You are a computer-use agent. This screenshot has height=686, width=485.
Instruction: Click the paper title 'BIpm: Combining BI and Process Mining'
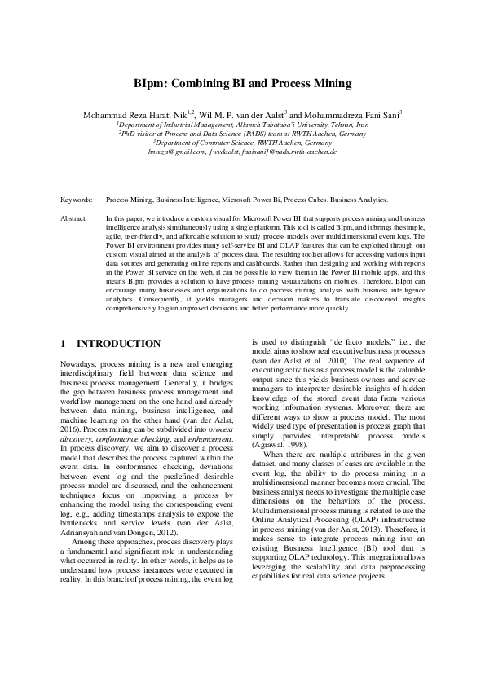point(242,83)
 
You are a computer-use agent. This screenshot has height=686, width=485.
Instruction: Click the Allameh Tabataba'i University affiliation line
point(243,125)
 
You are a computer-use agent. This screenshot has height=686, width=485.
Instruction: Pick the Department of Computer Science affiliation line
point(243,143)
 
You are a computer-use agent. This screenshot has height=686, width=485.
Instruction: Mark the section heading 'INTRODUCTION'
point(122,344)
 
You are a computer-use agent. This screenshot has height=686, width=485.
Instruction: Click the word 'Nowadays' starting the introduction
point(78,363)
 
